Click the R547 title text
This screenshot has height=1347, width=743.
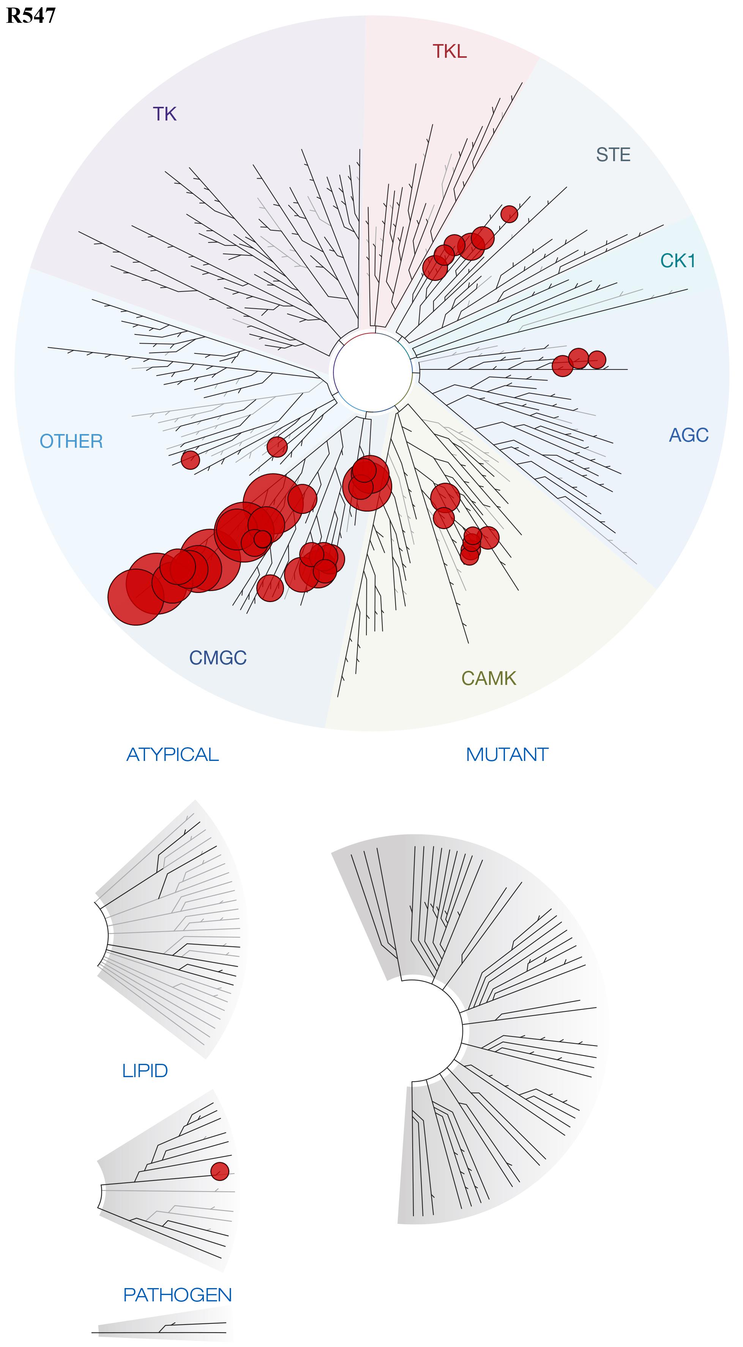click(30, 16)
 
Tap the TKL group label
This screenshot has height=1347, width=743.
click(450, 51)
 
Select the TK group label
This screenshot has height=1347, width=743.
click(165, 114)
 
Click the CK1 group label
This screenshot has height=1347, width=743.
click(678, 260)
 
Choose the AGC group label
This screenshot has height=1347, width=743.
click(689, 435)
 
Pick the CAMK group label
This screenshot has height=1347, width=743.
click(489, 678)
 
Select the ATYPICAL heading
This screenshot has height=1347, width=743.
click(172, 754)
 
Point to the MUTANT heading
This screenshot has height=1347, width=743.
click(507, 754)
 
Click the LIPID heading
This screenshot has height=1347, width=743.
click(145, 1071)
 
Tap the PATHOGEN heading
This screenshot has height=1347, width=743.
click(177, 1295)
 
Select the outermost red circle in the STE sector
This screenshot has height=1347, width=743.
click(509, 214)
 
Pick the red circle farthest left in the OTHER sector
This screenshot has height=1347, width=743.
click(190, 460)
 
